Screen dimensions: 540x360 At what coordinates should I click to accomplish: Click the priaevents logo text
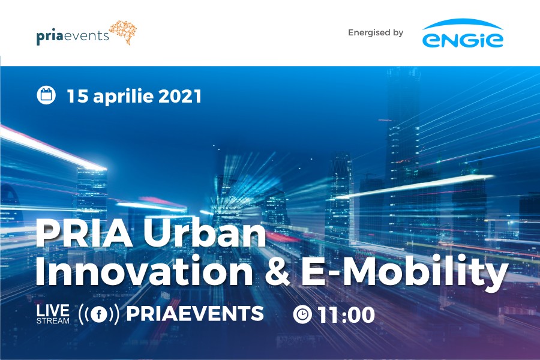coord(73,36)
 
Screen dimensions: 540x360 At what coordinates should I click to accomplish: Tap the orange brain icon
coord(123,32)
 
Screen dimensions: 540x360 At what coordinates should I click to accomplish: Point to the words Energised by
coord(376,33)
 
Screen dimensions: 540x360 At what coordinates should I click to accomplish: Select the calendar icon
coord(46,95)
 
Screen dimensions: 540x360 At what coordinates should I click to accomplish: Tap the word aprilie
coord(123,97)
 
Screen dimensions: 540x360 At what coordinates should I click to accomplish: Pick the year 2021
coord(180,96)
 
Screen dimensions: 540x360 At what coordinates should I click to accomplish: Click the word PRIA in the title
coord(84,233)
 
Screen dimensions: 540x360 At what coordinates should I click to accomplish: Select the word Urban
coord(205,233)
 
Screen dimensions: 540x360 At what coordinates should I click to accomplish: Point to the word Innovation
coord(144,271)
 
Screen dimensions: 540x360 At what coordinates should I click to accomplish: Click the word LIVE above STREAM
coord(53,310)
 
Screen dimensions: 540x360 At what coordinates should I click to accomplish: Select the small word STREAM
coord(53,321)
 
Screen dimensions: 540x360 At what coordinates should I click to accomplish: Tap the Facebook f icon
coord(99,314)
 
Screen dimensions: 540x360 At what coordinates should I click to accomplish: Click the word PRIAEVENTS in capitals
coord(195,313)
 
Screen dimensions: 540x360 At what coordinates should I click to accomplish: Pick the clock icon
coord(302,314)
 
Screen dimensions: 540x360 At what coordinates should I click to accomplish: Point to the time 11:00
coord(346,315)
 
